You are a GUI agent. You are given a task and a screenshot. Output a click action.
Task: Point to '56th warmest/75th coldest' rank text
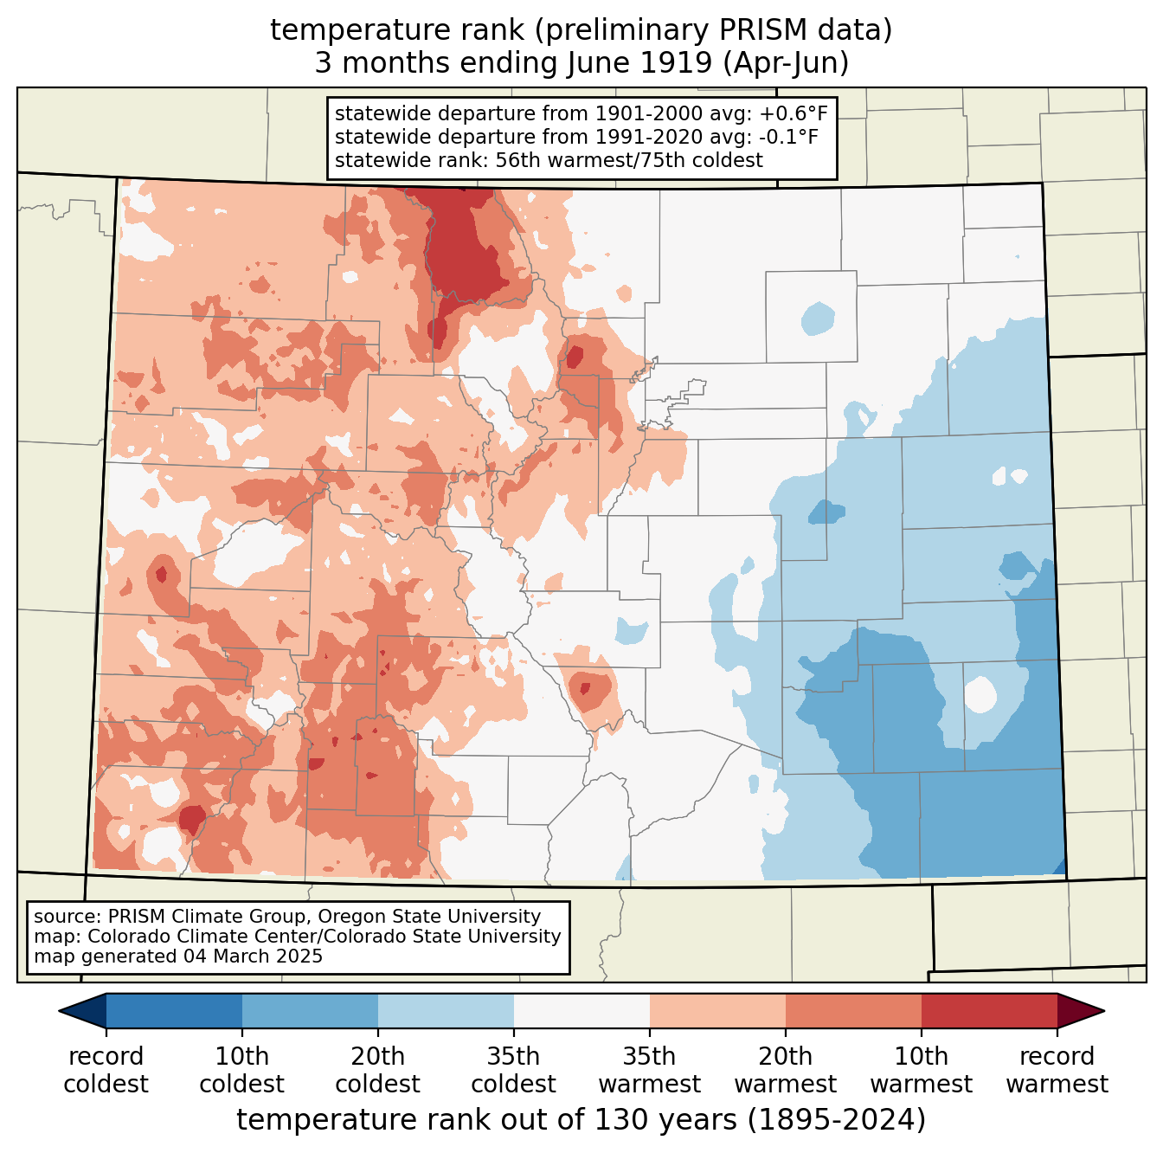629,160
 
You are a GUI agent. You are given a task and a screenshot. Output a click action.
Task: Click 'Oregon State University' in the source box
429,916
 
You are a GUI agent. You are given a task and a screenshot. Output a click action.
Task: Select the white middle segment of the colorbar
581,1010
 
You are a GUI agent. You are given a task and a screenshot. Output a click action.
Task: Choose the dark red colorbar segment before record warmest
989,1010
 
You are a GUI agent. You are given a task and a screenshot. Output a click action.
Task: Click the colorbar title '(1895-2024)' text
837,1120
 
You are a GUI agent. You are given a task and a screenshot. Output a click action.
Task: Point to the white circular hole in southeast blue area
980,694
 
